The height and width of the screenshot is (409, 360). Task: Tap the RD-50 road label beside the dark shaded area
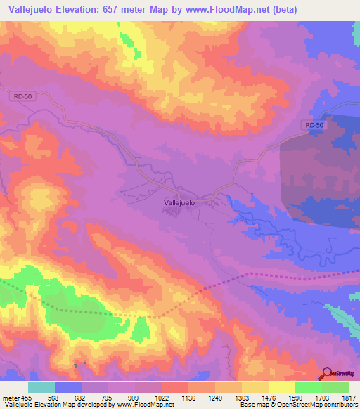click(314, 125)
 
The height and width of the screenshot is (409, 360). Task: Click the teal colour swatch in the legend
click(41, 387)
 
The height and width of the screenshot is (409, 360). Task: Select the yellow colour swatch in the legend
click(281, 387)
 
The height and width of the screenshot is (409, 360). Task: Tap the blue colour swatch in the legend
click(68, 387)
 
